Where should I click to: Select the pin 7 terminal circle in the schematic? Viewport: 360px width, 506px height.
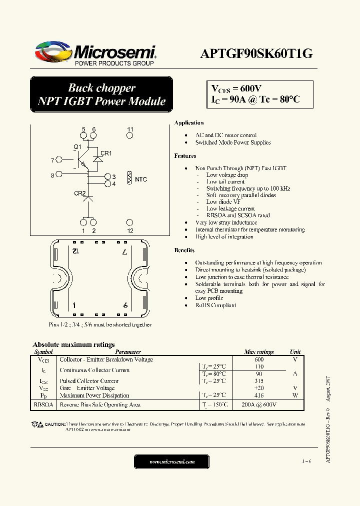pos(59,160)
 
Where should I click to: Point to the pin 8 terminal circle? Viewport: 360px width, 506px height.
pos(59,174)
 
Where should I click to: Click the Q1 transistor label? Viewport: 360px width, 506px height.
pos(77,146)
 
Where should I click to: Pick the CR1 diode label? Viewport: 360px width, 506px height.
pos(106,153)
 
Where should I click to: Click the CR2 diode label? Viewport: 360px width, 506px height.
pos(80,193)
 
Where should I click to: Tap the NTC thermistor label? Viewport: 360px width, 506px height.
pos(141,179)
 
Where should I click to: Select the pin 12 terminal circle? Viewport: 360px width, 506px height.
pos(130,222)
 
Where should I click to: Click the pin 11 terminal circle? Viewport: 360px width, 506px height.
pos(130,136)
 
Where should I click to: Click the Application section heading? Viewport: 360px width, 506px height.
pos(188,123)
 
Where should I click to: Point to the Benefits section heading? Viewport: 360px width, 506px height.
pos(184,250)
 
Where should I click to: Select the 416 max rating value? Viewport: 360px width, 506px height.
pos(259,395)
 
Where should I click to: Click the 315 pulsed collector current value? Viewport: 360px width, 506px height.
pos(259,381)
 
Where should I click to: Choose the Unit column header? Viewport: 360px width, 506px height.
pos(295,352)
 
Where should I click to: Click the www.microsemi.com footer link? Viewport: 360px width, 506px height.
pos(172,462)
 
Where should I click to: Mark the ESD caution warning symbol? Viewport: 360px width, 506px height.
pos(37,424)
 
